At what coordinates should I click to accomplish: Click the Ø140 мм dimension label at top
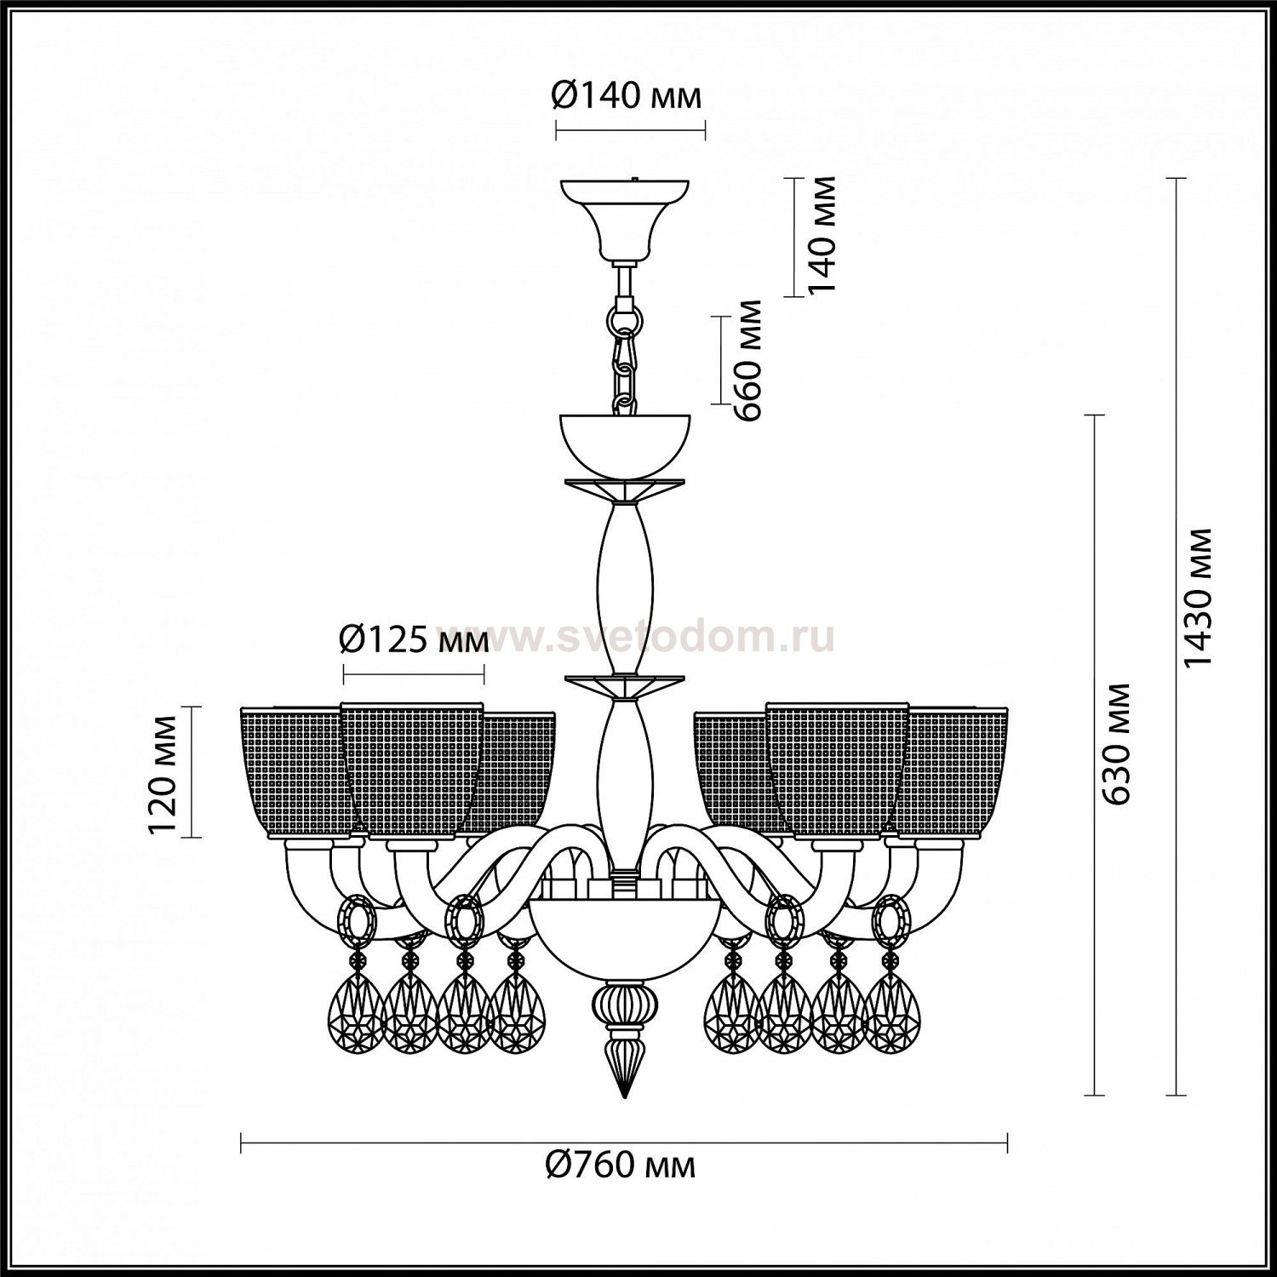click(x=627, y=95)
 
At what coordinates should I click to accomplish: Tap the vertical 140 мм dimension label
click(x=822, y=235)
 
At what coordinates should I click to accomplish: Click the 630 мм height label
click(x=1117, y=742)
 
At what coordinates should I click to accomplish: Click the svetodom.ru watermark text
click(x=637, y=638)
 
